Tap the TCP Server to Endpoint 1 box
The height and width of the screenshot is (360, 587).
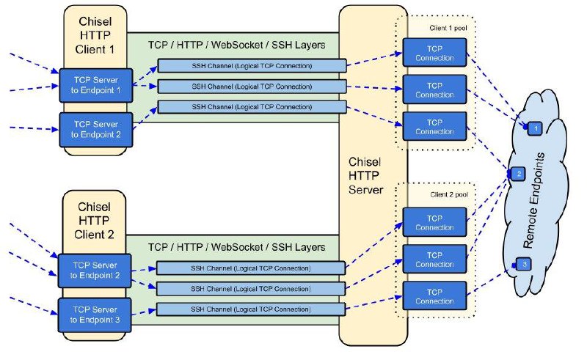click(x=95, y=85)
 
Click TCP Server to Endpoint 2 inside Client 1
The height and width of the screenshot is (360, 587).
click(x=95, y=129)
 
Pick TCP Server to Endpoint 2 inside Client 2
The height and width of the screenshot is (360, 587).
click(x=95, y=271)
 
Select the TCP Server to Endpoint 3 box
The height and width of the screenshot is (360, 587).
click(x=95, y=315)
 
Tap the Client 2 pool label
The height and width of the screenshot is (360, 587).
click(x=448, y=195)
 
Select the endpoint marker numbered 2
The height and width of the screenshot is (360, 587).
click(x=519, y=174)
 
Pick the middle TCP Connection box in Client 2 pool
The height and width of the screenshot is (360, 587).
click(x=434, y=259)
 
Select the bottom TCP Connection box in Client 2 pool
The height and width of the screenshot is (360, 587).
click(x=434, y=296)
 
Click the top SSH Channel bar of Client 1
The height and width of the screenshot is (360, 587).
click(x=252, y=67)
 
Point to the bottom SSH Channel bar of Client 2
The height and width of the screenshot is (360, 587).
click(x=251, y=308)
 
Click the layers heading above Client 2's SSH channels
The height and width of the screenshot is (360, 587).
click(x=236, y=247)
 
